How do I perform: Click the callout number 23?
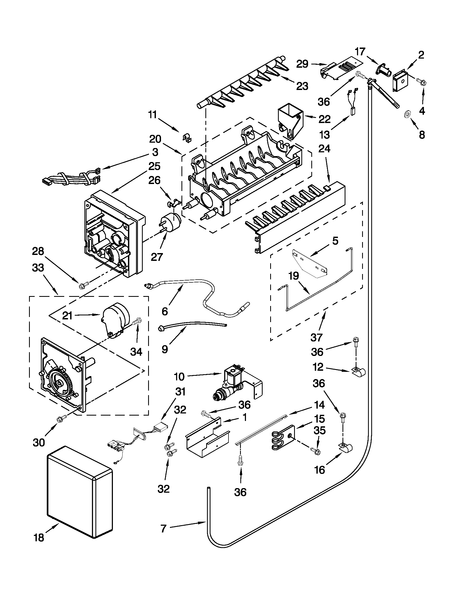tap(302, 86)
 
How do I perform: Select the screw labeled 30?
tap(60, 419)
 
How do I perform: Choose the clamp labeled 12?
tap(357, 372)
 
